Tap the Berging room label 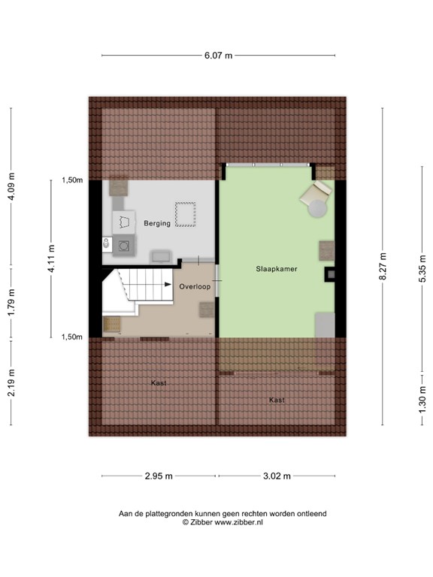tap(158, 223)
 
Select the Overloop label tap(193, 287)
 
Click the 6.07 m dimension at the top tap(218, 55)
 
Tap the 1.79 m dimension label tap(11, 304)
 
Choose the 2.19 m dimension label tap(11, 383)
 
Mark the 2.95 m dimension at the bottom tap(159, 476)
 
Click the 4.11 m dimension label tap(51, 258)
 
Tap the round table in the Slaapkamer tap(319, 207)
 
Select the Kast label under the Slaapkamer tap(276, 400)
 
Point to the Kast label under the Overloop tap(159, 383)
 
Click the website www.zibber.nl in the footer tap(238, 521)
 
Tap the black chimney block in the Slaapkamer tap(329, 274)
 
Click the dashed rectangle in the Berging tap(184, 214)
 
